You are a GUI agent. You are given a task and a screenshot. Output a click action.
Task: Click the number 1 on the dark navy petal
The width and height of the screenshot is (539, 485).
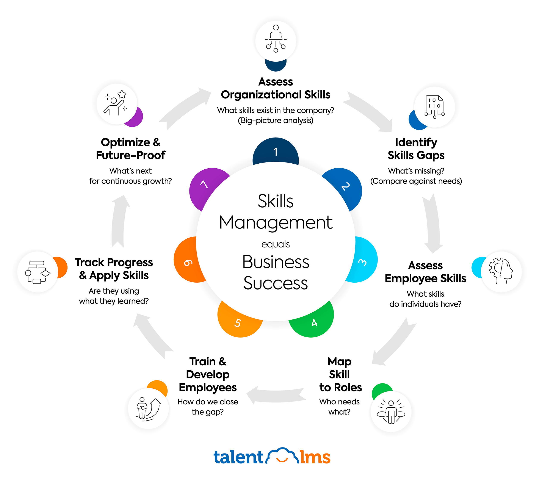pos(276,152)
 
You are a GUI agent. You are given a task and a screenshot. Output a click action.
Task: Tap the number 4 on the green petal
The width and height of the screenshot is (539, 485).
pos(315,323)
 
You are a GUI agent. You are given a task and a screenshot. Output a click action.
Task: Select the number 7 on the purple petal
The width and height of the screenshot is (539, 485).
pos(204,184)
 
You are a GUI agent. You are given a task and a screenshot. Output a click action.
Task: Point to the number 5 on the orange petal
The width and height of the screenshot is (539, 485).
pos(238,323)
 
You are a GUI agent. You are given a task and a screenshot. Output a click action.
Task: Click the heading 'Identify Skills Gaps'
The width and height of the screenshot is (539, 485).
pos(416,149)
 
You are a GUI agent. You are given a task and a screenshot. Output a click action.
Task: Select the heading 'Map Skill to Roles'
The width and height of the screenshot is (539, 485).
pos(340,374)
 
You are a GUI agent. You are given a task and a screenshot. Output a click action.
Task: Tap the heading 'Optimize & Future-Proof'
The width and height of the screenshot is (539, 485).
pos(131,149)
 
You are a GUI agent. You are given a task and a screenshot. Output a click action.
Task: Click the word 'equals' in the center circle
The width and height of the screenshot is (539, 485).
pos(275,244)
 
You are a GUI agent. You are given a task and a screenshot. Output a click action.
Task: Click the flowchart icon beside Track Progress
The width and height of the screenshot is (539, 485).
pos(38,272)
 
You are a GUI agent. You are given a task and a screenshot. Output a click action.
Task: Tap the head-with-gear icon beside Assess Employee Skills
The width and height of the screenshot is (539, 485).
pos(501,271)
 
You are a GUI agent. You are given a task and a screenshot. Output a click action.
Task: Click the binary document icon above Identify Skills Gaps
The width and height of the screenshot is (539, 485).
pos(434,107)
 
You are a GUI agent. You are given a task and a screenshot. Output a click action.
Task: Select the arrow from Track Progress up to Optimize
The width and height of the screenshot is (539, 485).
pos(119,221)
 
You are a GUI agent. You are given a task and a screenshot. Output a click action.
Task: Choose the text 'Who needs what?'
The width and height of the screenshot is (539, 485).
pos(339,407)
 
